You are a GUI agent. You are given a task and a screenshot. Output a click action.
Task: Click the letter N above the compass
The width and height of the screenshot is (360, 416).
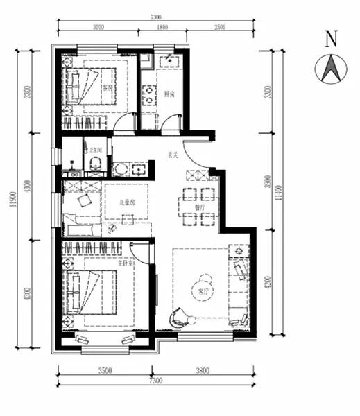pyautogui.click(x=332, y=39)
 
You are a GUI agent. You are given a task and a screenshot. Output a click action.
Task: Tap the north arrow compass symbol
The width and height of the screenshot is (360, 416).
pyautogui.click(x=331, y=68)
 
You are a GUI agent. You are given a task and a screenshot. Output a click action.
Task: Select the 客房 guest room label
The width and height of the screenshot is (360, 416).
pyautogui.click(x=108, y=88)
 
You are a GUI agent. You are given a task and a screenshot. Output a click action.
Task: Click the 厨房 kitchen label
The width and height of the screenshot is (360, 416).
pyautogui.click(x=169, y=94)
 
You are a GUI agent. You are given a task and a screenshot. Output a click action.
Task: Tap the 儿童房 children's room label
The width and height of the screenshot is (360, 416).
pyautogui.click(x=126, y=202)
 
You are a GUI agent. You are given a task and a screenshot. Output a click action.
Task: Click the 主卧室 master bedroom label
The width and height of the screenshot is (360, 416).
pyautogui.click(x=125, y=263)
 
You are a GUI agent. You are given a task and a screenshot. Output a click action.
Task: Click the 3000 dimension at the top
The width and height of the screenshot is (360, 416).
pyautogui.click(x=98, y=27)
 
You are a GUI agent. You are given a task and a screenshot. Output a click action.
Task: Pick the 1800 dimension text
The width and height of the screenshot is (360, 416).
pyautogui.click(x=162, y=27)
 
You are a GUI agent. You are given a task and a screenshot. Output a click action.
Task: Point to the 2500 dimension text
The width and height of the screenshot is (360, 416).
pyautogui.click(x=220, y=27)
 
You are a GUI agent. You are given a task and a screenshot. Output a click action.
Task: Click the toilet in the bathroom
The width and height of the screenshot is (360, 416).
pyautogui.click(x=96, y=163)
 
